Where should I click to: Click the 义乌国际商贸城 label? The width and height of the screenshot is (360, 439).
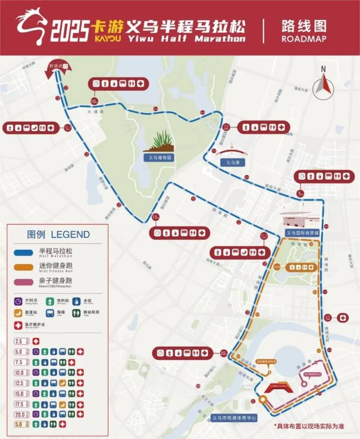click(302, 233)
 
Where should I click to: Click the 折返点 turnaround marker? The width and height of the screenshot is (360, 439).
click(58, 67)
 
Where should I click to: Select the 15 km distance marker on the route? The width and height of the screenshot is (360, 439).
click(156, 217)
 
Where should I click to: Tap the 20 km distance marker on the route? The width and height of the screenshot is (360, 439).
click(224, 353)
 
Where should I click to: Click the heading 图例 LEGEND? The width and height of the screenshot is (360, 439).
click(58, 235)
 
